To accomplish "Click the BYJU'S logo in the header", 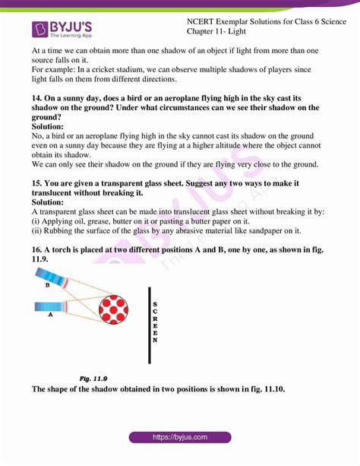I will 65,29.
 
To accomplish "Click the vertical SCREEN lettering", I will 156,322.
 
